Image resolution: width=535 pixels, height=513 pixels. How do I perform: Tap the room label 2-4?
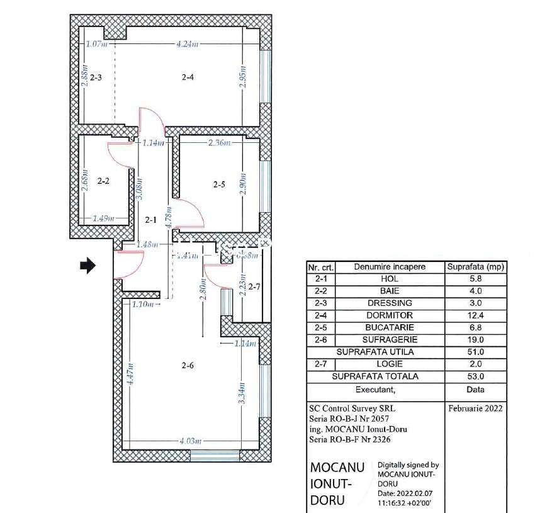click(x=188, y=77)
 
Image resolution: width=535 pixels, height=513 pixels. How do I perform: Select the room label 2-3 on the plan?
click(x=96, y=77)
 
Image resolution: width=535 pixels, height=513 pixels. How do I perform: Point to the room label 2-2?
click(x=104, y=181)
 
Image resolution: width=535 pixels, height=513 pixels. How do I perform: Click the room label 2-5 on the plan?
click(x=219, y=184)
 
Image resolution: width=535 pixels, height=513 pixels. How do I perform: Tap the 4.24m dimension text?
click(x=188, y=44)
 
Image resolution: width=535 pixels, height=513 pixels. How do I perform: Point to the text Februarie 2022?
click(x=476, y=408)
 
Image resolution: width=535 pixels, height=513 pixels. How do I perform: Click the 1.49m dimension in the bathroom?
click(x=103, y=219)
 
